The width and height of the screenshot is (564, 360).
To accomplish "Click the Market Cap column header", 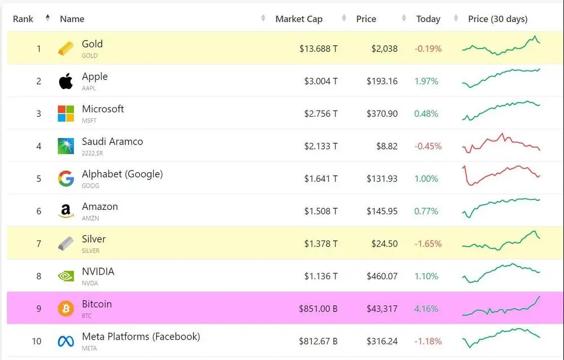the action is click(x=299, y=19).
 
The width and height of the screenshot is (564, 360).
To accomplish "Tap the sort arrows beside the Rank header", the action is click(x=47, y=17).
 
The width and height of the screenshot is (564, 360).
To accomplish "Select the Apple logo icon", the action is click(x=66, y=81).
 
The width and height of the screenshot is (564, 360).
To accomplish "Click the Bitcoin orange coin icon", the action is click(x=66, y=309).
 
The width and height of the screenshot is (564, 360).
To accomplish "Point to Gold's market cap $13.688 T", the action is click(x=318, y=49).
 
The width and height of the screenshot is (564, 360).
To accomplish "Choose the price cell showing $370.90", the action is click(x=382, y=114).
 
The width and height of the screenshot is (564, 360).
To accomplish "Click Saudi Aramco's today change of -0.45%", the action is click(x=428, y=146).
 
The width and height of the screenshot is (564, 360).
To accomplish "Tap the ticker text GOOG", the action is click(x=90, y=186).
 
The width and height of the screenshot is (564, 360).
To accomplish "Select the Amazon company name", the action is click(x=100, y=207).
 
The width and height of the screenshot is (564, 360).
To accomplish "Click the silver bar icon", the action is click(x=66, y=244).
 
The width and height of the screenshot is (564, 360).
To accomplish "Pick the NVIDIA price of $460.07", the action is click(x=382, y=276).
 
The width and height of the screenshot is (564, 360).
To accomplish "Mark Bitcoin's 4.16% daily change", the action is click(x=426, y=309).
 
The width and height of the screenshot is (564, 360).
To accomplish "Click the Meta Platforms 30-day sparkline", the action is click(x=501, y=337).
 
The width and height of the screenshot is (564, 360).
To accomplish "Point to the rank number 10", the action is click(x=37, y=341).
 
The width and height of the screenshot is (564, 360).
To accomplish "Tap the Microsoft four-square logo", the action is click(x=66, y=113).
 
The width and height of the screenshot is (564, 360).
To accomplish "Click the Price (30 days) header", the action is click(x=498, y=19).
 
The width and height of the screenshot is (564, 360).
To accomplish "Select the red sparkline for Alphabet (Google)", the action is click(x=501, y=175).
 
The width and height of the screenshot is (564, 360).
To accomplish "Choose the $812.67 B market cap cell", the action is click(x=318, y=341).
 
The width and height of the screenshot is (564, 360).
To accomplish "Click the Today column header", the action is click(x=428, y=19).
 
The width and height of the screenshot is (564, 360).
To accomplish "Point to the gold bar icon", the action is click(x=66, y=48).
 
